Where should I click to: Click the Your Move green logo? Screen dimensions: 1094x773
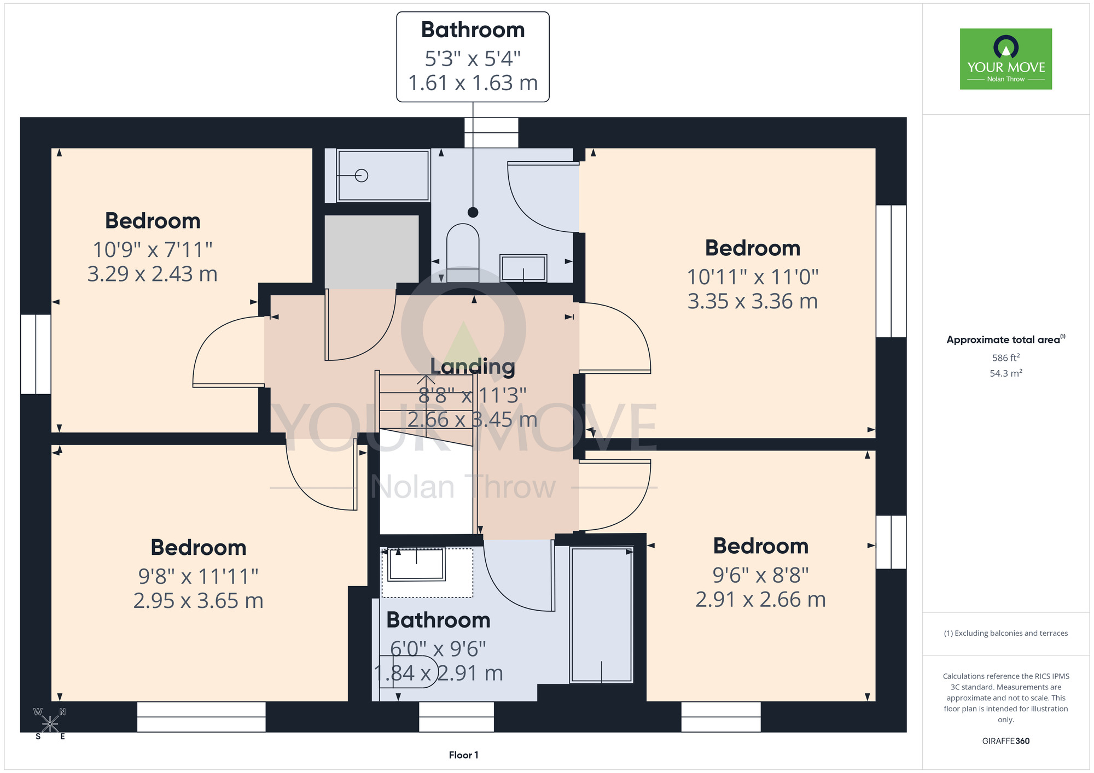pyautogui.click(x=1005, y=59)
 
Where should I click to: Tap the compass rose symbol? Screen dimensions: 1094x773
pyautogui.click(x=50, y=724)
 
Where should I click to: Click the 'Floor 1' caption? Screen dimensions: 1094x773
pyautogui.click(x=463, y=755)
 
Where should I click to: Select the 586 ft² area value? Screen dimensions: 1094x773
pyautogui.click(x=1006, y=358)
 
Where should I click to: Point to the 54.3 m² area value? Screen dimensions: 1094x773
pyautogui.click(x=1006, y=373)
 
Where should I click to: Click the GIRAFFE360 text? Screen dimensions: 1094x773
pyautogui.click(x=1006, y=741)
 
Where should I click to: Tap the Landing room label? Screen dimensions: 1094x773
pyautogui.click(x=473, y=367)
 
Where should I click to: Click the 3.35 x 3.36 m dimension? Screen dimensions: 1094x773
pyautogui.click(x=753, y=301)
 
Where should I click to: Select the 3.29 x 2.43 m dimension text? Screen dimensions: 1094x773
pyautogui.click(x=153, y=274)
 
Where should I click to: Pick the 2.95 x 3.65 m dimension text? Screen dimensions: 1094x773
pyautogui.click(x=199, y=601)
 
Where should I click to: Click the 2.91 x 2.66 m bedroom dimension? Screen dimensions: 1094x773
pyautogui.click(x=761, y=600)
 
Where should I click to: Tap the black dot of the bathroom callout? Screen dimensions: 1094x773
pyautogui.click(x=473, y=212)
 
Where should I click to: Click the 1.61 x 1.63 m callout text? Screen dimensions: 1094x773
pyautogui.click(x=473, y=83)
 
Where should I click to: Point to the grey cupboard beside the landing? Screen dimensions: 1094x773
pyautogui.click(x=372, y=252)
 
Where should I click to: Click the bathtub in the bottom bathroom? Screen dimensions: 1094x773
pyautogui.click(x=602, y=614)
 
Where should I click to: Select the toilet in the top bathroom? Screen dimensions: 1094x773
pyautogui.click(x=463, y=253)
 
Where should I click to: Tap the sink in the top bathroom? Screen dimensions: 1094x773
pyautogui.click(x=523, y=268)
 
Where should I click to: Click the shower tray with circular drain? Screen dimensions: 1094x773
pyautogui.click(x=383, y=175)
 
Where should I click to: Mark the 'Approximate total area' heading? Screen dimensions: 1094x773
pyautogui.click(x=1006, y=339)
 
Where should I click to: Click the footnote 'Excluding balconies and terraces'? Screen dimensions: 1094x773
pyautogui.click(x=1006, y=633)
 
